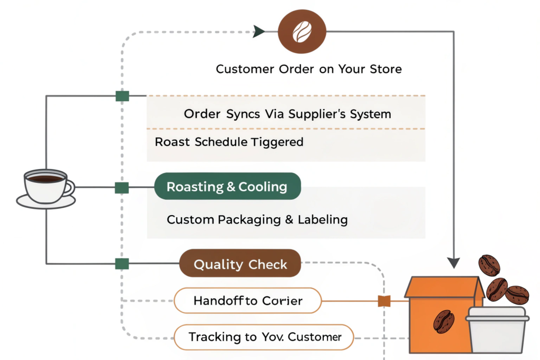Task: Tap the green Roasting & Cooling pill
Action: pos(227,187)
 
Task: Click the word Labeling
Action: pos(322,219)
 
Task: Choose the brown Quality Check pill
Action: pos(240,264)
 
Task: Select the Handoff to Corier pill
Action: pos(248,301)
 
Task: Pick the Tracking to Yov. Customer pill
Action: pos(264,337)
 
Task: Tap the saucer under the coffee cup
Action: pos(46,202)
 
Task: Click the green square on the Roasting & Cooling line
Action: pos(122,187)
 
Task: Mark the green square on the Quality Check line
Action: pos(122,264)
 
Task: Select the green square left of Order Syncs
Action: pos(122,96)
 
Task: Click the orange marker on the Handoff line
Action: pos(384,301)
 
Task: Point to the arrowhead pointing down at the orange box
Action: pos(454,262)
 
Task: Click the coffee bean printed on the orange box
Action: pos(443,321)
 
